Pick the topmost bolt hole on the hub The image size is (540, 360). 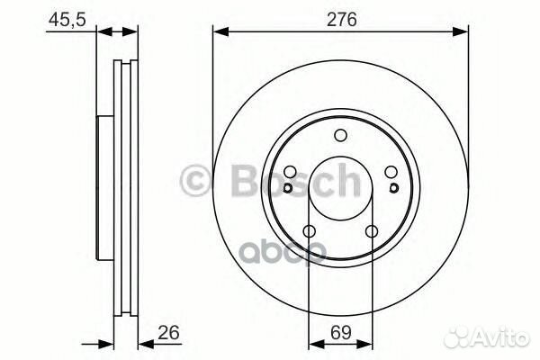(x=340, y=136)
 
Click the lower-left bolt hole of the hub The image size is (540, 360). (x=309, y=232)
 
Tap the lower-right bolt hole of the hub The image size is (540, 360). (x=372, y=232)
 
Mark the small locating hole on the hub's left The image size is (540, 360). (x=285, y=188)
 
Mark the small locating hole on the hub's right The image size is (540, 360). (x=395, y=188)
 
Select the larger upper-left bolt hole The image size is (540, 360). (x=290, y=174)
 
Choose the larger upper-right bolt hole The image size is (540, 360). (x=391, y=174)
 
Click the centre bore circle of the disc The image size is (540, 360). (x=340, y=189)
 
